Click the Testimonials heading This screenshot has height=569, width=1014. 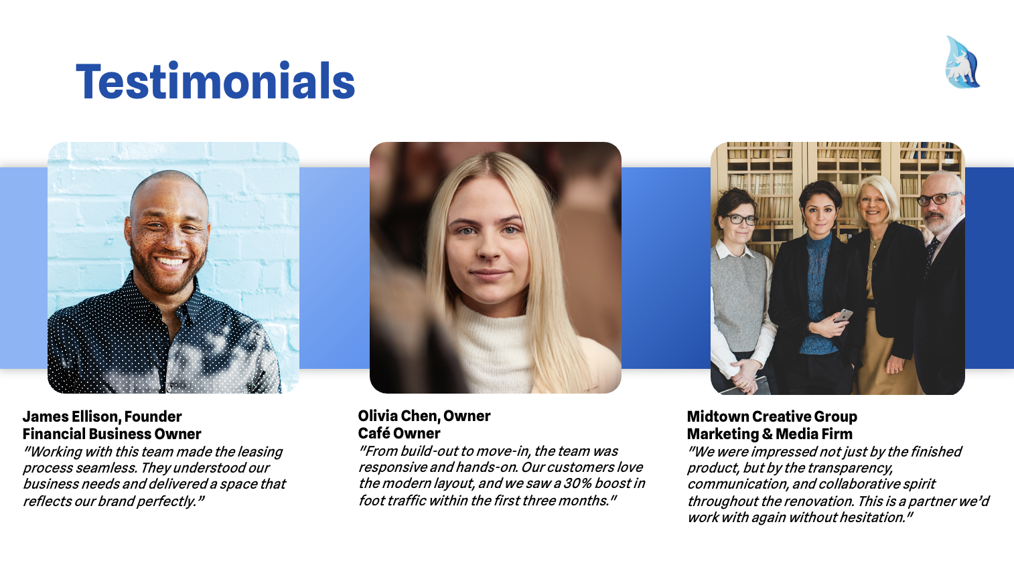(216, 82)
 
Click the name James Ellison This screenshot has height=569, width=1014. (72, 416)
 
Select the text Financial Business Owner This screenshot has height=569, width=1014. (112, 434)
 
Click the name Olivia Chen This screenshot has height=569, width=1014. (398, 416)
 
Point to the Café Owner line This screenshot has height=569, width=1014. (399, 433)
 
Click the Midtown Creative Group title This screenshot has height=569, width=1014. (772, 416)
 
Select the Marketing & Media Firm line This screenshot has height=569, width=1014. (770, 434)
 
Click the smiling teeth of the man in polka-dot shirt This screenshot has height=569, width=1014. (171, 262)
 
